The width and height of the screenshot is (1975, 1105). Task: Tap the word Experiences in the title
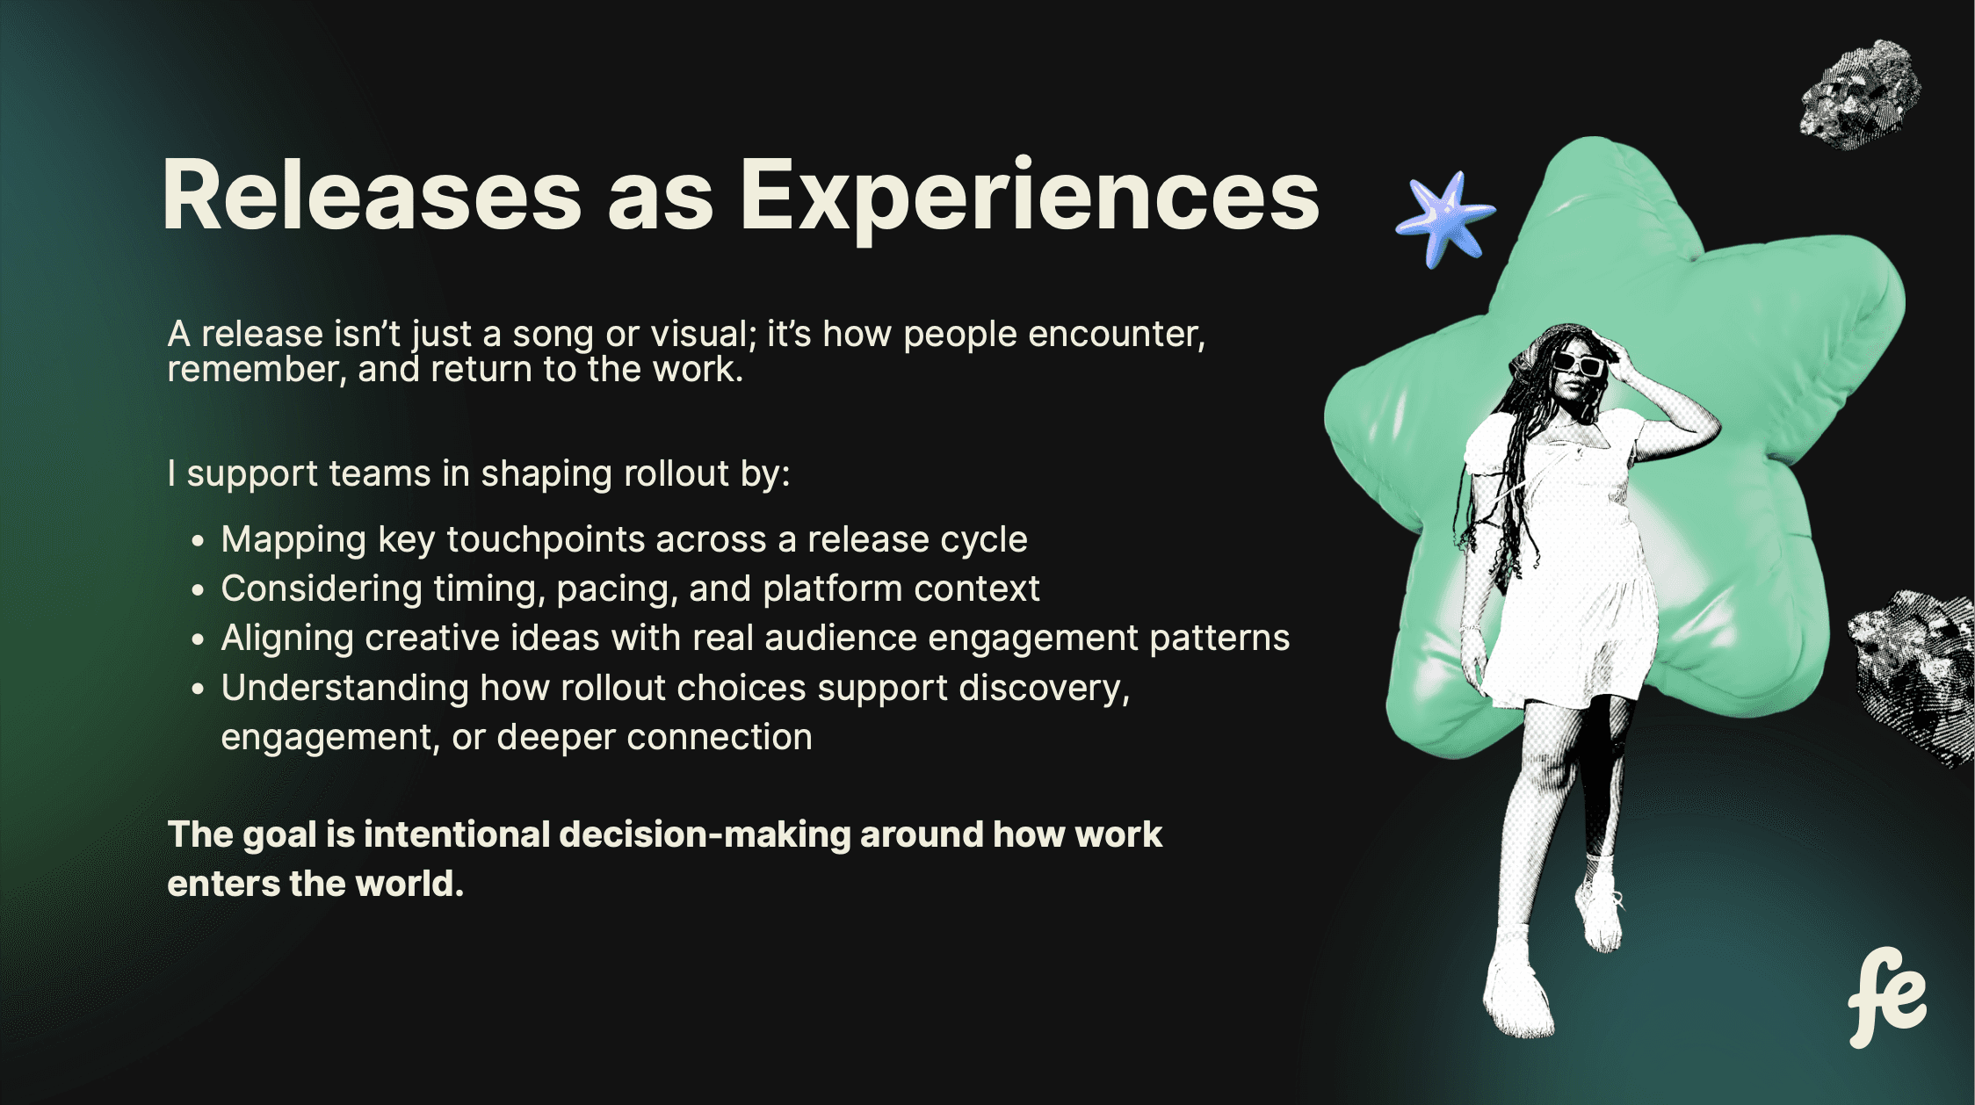click(x=1030, y=200)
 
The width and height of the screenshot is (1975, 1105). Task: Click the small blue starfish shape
click(x=1446, y=218)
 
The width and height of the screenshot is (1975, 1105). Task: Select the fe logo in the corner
click(x=1886, y=997)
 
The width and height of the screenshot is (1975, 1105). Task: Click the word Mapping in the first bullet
click(x=293, y=540)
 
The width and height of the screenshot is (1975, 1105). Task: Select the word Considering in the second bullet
click(x=322, y=589)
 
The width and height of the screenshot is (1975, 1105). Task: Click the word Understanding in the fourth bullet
click(x=344, y=688)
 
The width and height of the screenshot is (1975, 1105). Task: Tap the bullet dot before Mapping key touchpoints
click(x=198, y=541)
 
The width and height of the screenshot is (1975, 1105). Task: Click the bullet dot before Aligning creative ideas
click(x=198, y=639)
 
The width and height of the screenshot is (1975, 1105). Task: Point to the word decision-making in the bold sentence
click(x=704, y=835)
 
